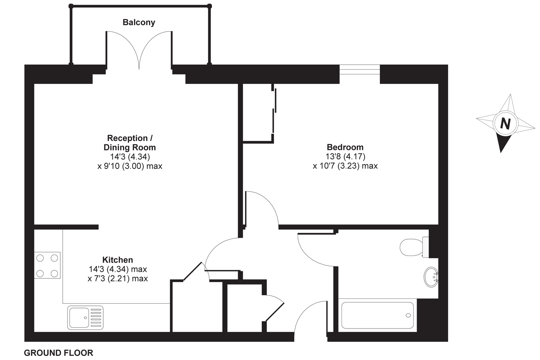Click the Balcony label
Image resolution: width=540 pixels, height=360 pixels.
pos(139,22)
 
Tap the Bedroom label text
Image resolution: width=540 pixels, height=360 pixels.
pos(345,147)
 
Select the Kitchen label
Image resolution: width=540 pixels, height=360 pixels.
pos(118,260)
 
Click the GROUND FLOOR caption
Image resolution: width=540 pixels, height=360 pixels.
pos(59,353)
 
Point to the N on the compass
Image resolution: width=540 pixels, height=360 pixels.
pos(505,124)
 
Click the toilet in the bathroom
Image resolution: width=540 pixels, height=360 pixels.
pos(414,247)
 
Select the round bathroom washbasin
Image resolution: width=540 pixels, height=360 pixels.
pos(431,277)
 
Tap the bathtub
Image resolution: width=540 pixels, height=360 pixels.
pos(377,315)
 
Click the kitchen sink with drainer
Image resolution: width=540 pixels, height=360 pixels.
pos(85,318)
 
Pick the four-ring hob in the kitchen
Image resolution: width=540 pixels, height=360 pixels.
pos(47,266)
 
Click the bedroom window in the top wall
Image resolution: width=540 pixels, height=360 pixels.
pos(360,70)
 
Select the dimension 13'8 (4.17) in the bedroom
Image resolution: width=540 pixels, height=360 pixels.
pos(345,156)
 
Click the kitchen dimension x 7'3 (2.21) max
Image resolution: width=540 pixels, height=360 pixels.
pos(118,278)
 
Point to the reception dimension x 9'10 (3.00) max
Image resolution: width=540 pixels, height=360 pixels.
pos(130,166)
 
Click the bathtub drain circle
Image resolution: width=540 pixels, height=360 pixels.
pos(408,315)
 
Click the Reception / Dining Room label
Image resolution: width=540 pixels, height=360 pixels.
pos(130,142)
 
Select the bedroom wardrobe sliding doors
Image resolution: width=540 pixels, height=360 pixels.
pos(274,111)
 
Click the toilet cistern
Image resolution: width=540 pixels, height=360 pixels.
pos(425,247)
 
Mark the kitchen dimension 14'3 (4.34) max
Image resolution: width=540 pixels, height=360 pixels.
pos(118,269)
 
